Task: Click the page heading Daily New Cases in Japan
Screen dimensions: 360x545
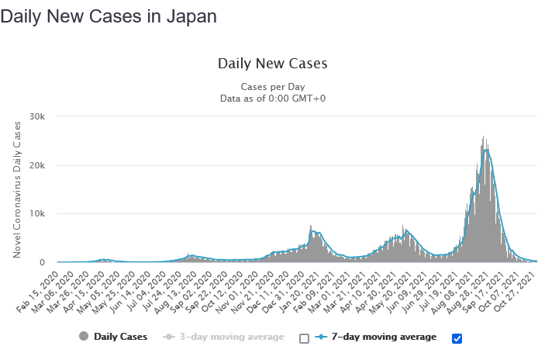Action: [x=109, y=16]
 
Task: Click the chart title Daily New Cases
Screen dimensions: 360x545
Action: [x=273, y=64]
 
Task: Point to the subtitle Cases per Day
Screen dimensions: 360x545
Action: [x=273, y=86]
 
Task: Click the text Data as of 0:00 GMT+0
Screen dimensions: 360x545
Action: [x=273, y=99]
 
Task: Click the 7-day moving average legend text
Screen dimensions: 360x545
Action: [x=383, y=337]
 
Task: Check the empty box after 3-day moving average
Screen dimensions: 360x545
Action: [x=304, y=338]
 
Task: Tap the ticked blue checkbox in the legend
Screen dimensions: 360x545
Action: [x=457, y=337]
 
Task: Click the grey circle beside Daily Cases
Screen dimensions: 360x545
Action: [x=83, y=337]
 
